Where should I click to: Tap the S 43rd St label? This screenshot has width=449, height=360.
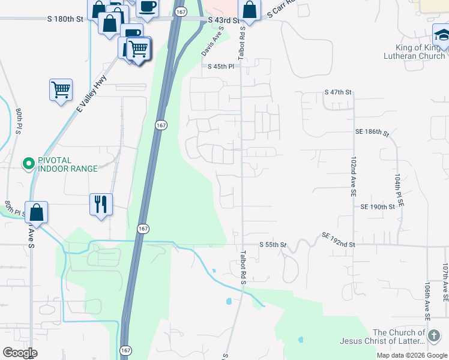pos(223,20)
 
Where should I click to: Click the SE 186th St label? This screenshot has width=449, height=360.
pos(372,131)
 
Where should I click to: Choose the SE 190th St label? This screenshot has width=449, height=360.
pos(378,206)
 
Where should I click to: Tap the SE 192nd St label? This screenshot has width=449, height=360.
pos(339,240)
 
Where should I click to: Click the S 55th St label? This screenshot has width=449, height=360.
pos(273,245)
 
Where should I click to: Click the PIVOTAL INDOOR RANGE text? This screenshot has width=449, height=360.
pos(67,164)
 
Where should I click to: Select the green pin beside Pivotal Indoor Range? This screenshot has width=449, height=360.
pos(28,163)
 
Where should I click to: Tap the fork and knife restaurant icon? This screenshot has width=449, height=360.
pos(101,204)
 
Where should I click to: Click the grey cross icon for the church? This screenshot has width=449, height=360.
pos(434,334)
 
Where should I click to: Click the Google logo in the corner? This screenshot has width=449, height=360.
pos(20,353)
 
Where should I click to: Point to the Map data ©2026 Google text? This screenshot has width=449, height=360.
pos(411,355)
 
